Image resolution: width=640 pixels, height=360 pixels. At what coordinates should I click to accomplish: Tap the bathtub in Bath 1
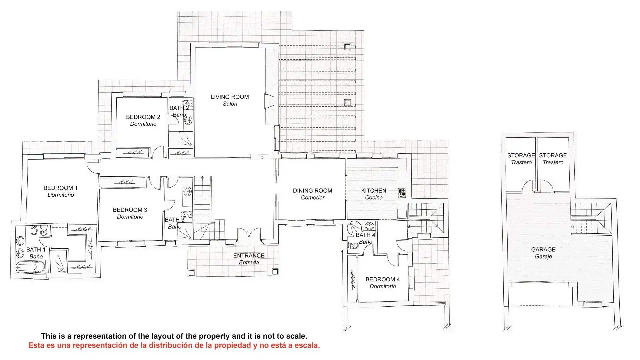[x=26, y=267]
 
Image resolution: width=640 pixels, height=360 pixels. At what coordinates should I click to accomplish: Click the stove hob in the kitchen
[x=402, y=193]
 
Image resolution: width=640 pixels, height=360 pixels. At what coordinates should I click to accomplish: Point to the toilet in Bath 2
[x=187, y=103]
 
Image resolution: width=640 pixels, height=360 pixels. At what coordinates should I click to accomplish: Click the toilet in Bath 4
[x=352, y=246]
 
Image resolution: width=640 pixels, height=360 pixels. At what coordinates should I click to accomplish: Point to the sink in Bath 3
[x=188, y=191]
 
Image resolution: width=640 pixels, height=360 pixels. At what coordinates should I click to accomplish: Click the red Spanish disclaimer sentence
[x=174, y=345]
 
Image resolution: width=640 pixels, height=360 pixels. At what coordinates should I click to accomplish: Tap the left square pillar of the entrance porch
[x=191, y=273]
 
